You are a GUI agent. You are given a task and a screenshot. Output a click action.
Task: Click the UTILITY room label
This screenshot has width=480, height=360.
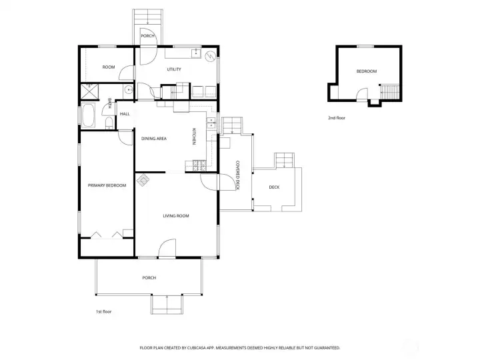click(x=175, y=69)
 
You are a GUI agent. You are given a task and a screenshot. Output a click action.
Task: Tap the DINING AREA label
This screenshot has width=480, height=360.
click(x=153, y=139)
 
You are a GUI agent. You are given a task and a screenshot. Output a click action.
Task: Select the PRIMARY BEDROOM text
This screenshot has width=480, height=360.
click(x=107, y=185)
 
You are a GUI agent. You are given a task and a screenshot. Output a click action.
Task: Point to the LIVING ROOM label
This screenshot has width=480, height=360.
click(x=176, y=216)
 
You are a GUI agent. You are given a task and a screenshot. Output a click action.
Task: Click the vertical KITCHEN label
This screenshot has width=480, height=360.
click(x=194, y=137)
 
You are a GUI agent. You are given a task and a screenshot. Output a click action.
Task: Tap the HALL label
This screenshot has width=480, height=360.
click(x=125, y=114)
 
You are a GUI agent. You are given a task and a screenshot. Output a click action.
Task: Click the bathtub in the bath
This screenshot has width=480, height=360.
click(x=89, y=116)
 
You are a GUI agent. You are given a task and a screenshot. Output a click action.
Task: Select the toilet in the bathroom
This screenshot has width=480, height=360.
click(x=107, y=122)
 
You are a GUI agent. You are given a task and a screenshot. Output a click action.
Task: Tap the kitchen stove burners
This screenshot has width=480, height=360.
click(x=198, y=165)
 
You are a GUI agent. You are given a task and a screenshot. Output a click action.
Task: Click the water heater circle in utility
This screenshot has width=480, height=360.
click(x=211, y=56)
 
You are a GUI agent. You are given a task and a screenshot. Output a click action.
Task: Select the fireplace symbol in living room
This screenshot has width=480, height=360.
click(x=143, y=180)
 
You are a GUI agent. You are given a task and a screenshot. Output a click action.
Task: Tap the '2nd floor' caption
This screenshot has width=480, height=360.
click(x=337, y=117)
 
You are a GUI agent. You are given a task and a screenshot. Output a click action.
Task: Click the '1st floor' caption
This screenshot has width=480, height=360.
click(x=104, y=311)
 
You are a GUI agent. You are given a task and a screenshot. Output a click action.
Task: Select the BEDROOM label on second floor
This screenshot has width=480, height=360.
click(x=366, y=71)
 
